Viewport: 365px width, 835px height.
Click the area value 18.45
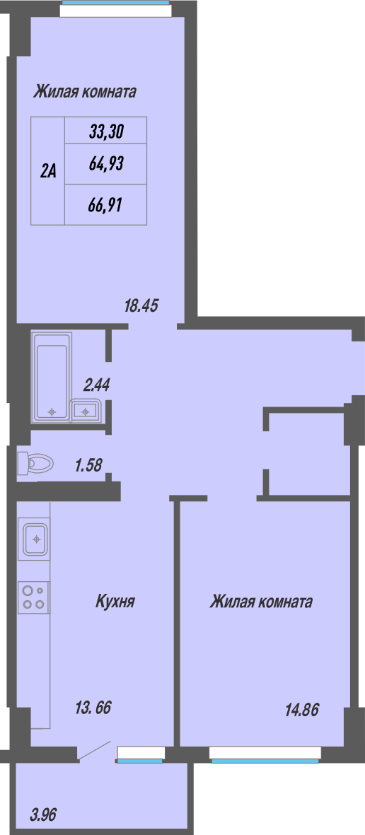[141, 306]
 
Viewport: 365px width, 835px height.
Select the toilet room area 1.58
[89, 466]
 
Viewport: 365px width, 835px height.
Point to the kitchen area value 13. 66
[94, 708]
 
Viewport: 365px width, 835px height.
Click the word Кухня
[115, 602]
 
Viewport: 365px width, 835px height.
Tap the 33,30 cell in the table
[106, 131]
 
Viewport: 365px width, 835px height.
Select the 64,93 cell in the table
[106, 164]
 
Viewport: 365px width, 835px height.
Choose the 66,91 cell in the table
[106, 204]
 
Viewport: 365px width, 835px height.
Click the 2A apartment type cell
[48, 170]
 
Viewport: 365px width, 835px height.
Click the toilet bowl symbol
[35, 463]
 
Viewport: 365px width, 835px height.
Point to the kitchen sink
[35, 541]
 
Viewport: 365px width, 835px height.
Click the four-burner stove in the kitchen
[34, 597]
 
